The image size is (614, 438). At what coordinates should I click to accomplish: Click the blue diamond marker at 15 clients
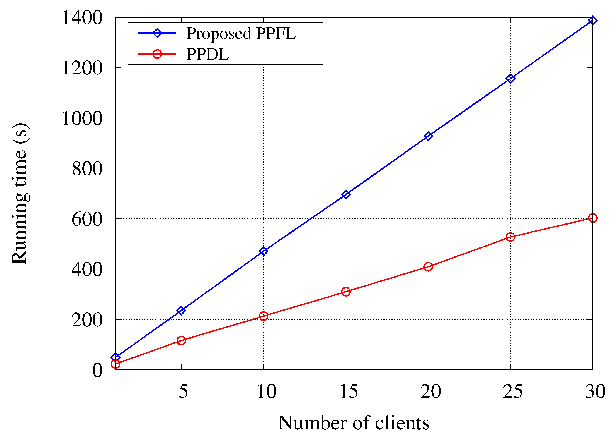point(346,194)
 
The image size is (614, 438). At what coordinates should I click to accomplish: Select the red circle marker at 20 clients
point(428,267)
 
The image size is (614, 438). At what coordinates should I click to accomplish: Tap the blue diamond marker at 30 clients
point(592,20)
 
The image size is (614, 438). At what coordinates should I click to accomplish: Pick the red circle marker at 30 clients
point(592,218)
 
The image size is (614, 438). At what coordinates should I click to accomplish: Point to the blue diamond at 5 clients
point(181,310)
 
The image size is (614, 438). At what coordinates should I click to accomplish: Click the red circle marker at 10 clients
point(264,316)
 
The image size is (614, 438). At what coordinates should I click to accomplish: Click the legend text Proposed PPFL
point(241,34)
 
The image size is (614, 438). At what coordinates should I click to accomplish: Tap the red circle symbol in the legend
point(157,54)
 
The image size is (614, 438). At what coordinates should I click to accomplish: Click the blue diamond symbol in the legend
point(157,33)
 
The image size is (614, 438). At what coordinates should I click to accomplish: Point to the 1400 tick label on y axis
point(82,18)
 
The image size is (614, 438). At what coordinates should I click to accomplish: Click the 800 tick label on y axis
point(87,169)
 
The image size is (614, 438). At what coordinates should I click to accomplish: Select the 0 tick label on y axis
point(97,370)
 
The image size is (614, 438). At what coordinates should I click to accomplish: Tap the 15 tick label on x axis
point(348,391)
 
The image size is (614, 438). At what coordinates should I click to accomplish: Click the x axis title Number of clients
point(353,423)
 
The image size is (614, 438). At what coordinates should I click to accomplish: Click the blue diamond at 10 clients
point(264,251)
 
